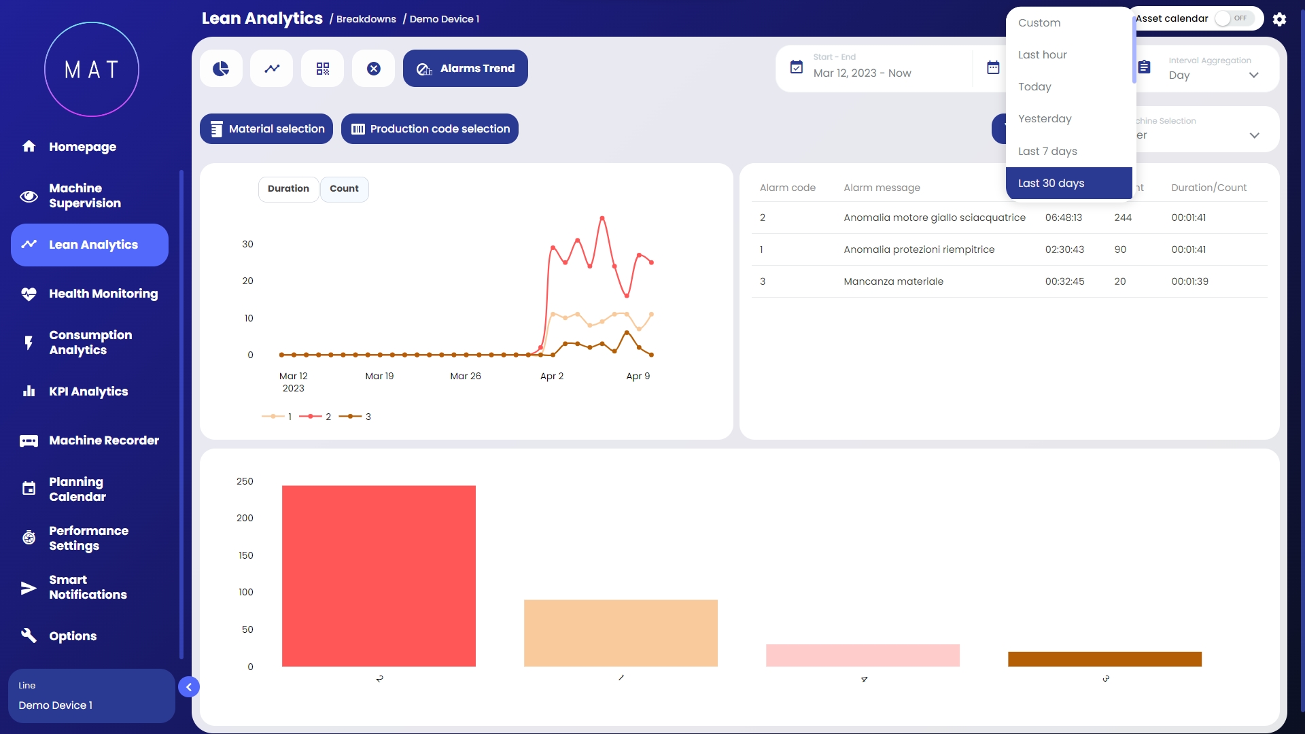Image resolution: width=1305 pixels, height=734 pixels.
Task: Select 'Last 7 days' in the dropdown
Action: click(x=1047, y=151)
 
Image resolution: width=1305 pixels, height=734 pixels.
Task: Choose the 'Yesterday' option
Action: click(x=1045, y=119)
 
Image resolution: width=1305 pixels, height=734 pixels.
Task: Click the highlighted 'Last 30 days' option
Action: click(x=1051, y=183)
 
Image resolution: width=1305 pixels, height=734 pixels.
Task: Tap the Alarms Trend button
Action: click(x=466, y=69)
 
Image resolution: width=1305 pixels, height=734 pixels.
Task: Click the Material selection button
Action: click(x=266, y=129)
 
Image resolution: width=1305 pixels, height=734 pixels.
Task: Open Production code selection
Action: click(x=430, y=129)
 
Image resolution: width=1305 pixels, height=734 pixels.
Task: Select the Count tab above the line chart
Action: click(x=344, y=189)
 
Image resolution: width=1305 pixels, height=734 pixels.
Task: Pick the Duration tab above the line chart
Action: click(x=288, y=189)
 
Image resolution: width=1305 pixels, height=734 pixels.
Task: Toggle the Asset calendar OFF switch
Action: click(x=1234, y=18)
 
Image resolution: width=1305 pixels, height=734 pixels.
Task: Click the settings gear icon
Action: click(x=1279, y=19)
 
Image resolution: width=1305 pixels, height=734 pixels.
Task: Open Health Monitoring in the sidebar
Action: click(x=103, y=294)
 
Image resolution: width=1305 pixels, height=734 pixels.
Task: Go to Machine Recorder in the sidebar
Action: click(x=104, y=440)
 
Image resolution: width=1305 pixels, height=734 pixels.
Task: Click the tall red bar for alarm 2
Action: click(x=379, y=576)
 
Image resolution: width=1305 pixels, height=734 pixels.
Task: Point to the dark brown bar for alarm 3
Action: click(x=1104, y=659)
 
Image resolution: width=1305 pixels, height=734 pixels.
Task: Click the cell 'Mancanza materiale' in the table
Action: click(x=893, y=281)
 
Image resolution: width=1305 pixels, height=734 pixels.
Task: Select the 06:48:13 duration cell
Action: click(x=1064, y=217)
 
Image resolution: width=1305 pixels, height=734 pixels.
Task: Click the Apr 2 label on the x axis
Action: click(x=552, y=376)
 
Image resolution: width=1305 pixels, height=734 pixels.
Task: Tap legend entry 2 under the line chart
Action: click(x=316, y=417)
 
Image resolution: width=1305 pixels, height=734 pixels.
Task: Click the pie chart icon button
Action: click(x=221, y=69)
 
